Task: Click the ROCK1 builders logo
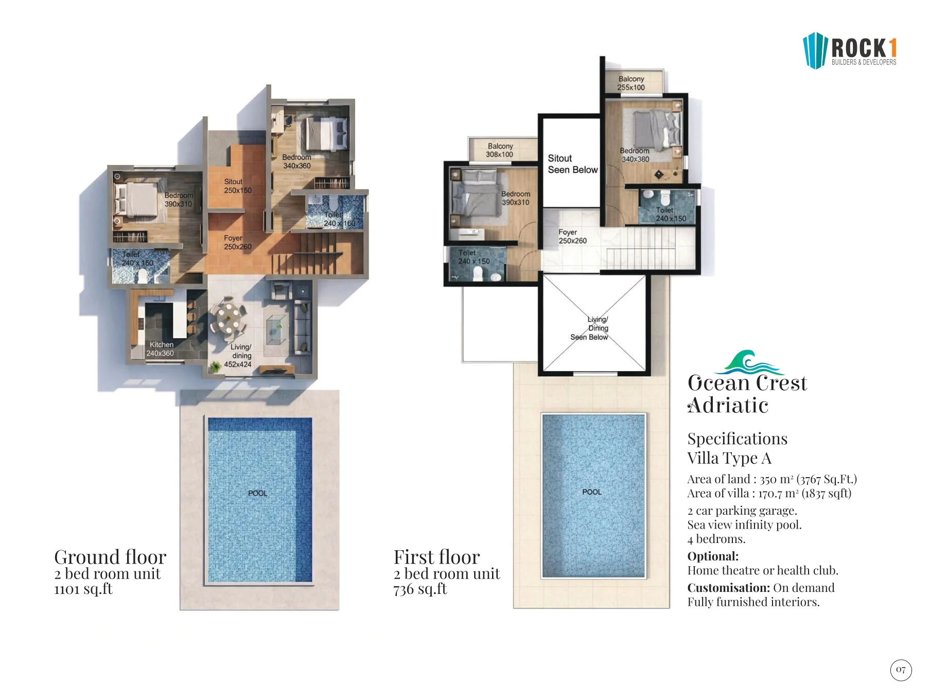(850, 50)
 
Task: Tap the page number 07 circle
(901, 670)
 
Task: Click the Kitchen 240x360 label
(161, 349)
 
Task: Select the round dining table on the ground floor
(227, 317)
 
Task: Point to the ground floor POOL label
(258, 493)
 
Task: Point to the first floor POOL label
(592, 492)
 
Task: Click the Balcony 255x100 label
(631, 83)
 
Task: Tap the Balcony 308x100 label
(500, 150)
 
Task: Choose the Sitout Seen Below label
(572, 164)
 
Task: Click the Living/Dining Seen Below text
(590, 328)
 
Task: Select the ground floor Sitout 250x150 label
(237, 186)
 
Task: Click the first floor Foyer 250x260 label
(572, 236)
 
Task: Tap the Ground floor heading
(110, 557)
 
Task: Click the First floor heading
(436, 557)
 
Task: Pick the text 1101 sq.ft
(83, 589)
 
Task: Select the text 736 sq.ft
(420, 589)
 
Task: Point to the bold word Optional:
(713, 556)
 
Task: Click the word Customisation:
(728, 588)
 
